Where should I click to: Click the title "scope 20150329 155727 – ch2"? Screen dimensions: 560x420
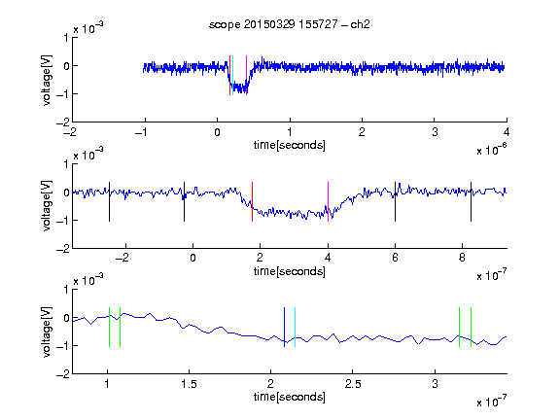click(x=290, y=24)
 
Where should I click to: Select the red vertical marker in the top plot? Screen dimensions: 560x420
click(x=229, y=76)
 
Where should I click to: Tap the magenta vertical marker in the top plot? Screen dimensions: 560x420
click(x=246, y=76)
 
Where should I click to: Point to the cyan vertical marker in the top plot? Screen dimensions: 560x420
click(x=233, y=76)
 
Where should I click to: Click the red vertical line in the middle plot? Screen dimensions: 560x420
click(x=252, y=202)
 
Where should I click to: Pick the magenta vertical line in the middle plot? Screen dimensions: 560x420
click(x=328, y=202)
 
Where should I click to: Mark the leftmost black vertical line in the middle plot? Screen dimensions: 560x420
click(x=109, y=202)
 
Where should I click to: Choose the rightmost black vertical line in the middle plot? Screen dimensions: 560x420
click(x=471, y=202)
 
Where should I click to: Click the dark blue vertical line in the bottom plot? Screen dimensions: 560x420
click(x=284, y=327)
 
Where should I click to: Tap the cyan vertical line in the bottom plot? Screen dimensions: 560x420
click(x=295, y=327)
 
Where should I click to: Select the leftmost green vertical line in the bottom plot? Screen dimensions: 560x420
click(x=109, y=327)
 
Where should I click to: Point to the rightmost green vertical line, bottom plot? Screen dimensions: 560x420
click(x=472, y=327)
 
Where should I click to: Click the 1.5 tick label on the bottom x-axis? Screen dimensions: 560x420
click(x=189, y=384)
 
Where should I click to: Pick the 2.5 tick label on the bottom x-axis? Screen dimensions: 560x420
click(x=353, y=384)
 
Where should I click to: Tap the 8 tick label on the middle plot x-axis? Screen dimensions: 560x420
click(x=462, y=258)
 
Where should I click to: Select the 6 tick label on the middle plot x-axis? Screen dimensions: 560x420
click(x=395, y=258)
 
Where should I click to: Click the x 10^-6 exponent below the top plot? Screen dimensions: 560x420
click(x=492, y=150)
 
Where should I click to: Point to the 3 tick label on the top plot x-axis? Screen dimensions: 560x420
click(x=435, y=132)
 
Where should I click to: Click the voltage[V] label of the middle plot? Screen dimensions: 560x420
click(x=47, y=206)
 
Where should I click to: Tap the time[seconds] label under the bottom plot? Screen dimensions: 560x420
click(x=290, y=397)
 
